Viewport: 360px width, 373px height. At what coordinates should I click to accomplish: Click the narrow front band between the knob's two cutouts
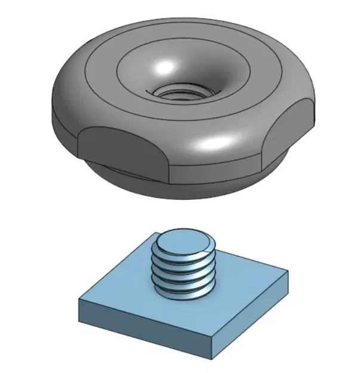pyautogui.click(x=215, y=171)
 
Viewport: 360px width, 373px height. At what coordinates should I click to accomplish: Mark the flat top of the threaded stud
pyautogui.click(x=184, y=242)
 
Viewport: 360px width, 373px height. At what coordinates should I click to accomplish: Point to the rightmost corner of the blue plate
pyautogui.click(x=288, y=274)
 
